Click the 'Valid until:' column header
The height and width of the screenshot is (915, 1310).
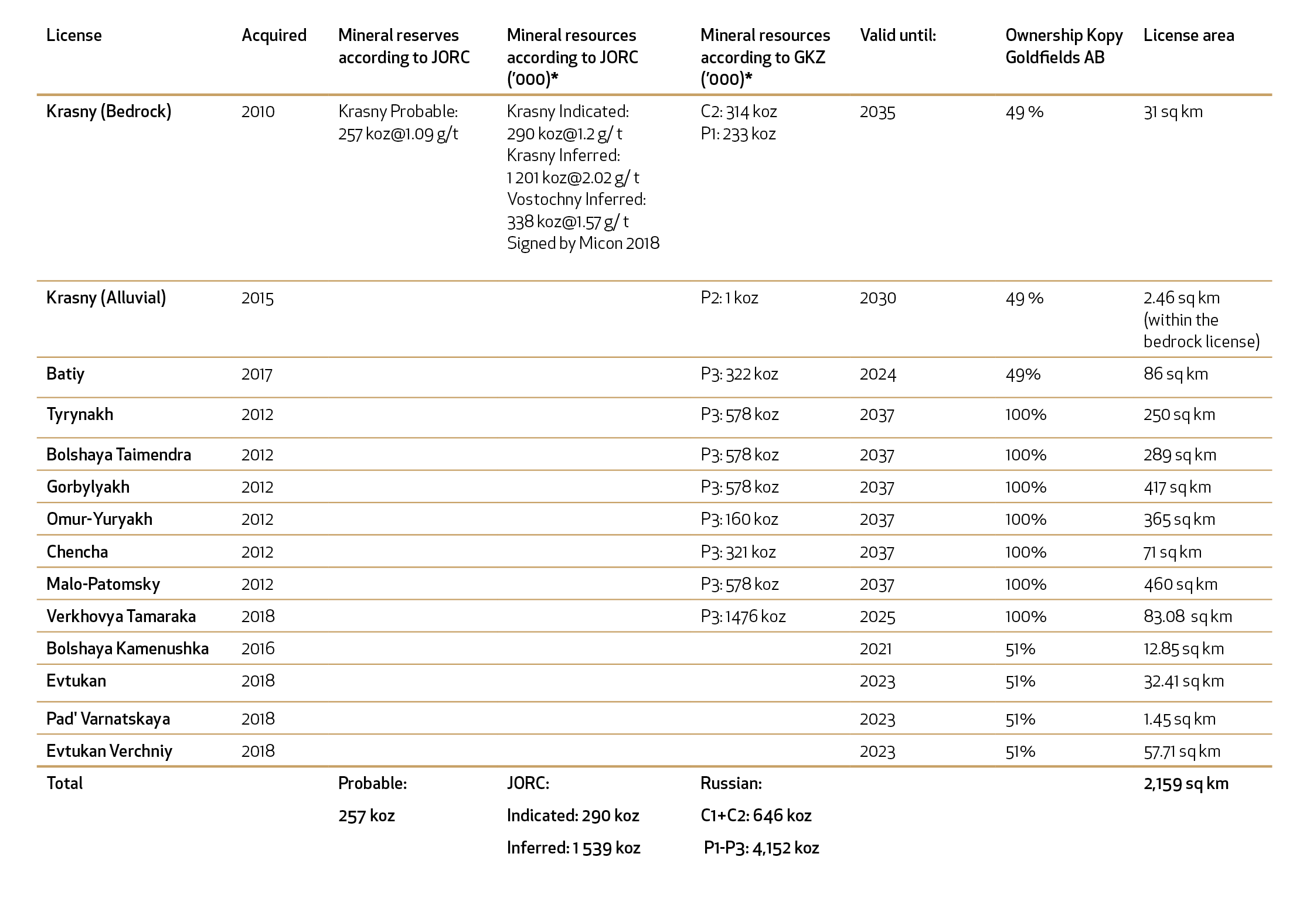point(898,36)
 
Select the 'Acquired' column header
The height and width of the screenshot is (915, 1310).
point(274,36)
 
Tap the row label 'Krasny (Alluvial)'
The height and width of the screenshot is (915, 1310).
point(106,298)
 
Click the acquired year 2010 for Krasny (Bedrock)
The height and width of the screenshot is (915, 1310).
point(258,112)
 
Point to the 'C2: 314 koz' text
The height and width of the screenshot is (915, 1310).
point(739,112)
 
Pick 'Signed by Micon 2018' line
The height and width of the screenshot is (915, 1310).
point(583,244)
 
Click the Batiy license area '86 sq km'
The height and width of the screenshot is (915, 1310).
point(1176,374)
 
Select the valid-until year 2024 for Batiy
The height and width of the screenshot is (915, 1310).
point(878,374)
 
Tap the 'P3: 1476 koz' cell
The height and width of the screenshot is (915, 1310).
point(743,617)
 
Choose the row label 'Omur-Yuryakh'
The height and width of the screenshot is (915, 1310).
point(99,520)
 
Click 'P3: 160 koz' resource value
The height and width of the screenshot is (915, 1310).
point(739,520)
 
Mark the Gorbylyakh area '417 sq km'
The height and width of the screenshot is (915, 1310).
point(1178,487)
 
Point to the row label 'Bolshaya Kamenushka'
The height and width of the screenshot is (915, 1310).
point(127,649)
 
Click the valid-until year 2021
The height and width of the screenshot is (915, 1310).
point(876,649)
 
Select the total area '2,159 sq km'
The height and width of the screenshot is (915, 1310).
point(1186,784)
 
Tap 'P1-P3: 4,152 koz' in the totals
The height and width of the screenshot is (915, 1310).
point(761,848)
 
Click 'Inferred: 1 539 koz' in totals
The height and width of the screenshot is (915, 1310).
point(573,848)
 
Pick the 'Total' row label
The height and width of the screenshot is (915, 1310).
point(64,784)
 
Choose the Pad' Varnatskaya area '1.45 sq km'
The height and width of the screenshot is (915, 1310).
point(1179,719)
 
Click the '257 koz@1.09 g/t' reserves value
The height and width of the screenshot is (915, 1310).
point(398,134)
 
